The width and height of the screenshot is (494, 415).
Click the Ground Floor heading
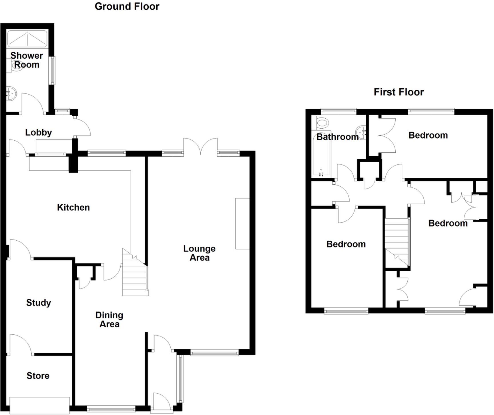tap(127, 6)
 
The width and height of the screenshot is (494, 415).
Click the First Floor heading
tap(399, 92)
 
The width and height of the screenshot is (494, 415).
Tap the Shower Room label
tap(27, 60)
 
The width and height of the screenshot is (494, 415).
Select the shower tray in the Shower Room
tap(27, 39)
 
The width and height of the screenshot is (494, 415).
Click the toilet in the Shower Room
tap(15, 65)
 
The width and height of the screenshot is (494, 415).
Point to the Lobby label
tap(38, 132)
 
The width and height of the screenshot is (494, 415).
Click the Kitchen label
tap(73, 207)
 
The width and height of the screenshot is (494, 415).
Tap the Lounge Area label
tap(199, 253)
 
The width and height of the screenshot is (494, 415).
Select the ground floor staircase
tap(135, 274)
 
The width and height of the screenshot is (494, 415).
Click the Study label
tap(39, 302)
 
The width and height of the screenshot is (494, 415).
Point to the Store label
tap(38, 376)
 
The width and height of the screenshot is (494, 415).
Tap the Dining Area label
tap(109, 320)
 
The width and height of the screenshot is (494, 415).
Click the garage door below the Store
tap(39, 405)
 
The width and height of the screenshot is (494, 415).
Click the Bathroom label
tap(337, 137)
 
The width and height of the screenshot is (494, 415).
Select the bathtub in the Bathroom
tap(321, 156)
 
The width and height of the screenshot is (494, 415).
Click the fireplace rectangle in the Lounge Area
tap(242, 224)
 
